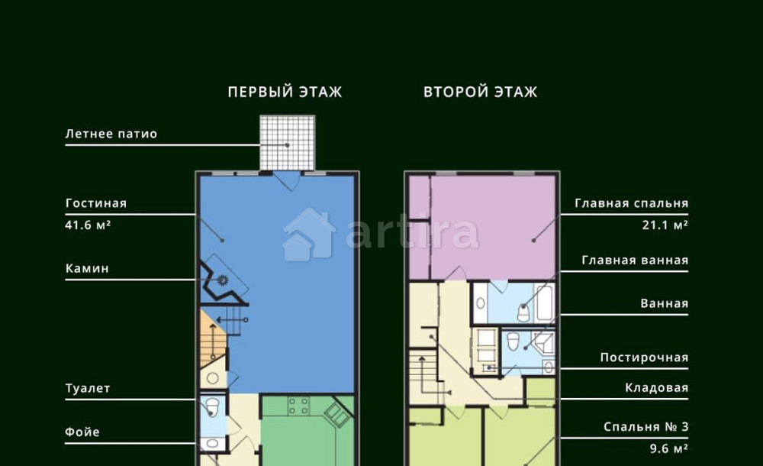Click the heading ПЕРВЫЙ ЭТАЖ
coord(285,92)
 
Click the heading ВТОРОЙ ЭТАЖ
coord(481,92)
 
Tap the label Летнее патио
coord(111,134)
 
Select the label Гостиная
coord(96,204)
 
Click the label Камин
coord(87,269)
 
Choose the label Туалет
coord(88,389)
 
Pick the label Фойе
coord(82,432)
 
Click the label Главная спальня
coord(632,204)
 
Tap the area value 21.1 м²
coord(665,226)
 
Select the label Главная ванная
coord(635,261)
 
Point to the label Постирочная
coord(644,358)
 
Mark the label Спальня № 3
coord(646,427)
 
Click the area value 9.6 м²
coord(668,448)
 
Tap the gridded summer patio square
coord(287,143)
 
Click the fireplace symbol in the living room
coord(224,280)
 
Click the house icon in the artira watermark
coord(308,234)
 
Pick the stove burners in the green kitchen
coord(298,406)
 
